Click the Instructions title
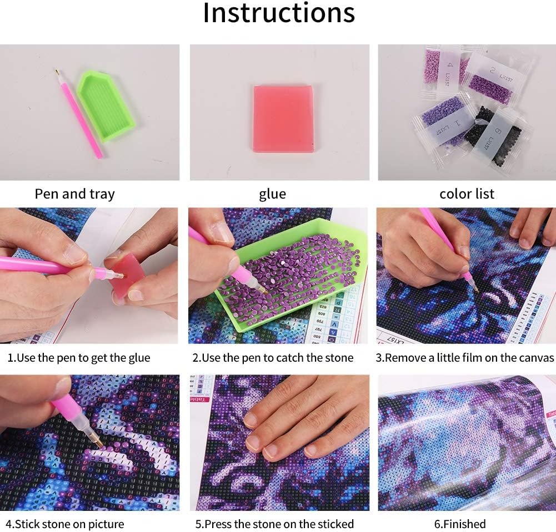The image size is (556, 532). point(278,13)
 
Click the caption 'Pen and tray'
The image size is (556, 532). point(74,194)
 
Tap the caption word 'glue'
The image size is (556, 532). point(272,194)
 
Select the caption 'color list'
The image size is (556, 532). point(467,194)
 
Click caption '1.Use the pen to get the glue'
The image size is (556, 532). point(79,358)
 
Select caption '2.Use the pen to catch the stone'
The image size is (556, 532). point(273,358)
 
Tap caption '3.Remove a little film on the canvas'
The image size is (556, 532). point(465,358)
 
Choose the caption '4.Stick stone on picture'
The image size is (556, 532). point(65,524)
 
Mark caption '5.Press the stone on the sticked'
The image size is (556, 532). point(274,524)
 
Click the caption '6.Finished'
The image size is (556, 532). point(460,524)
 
